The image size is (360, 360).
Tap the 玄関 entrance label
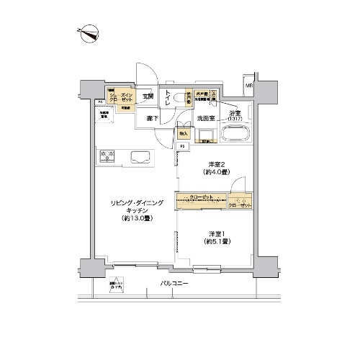click(147, 96)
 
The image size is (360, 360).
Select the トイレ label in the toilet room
click(166, 100)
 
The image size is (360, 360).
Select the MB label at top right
click(249, 87)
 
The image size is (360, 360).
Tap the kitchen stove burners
click(108, 156)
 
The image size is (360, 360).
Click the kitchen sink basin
click(139, 156)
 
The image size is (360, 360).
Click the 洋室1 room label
click(215, 233)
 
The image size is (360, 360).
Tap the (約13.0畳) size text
click(131, 218)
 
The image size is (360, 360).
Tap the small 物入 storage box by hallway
click(184, 133)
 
